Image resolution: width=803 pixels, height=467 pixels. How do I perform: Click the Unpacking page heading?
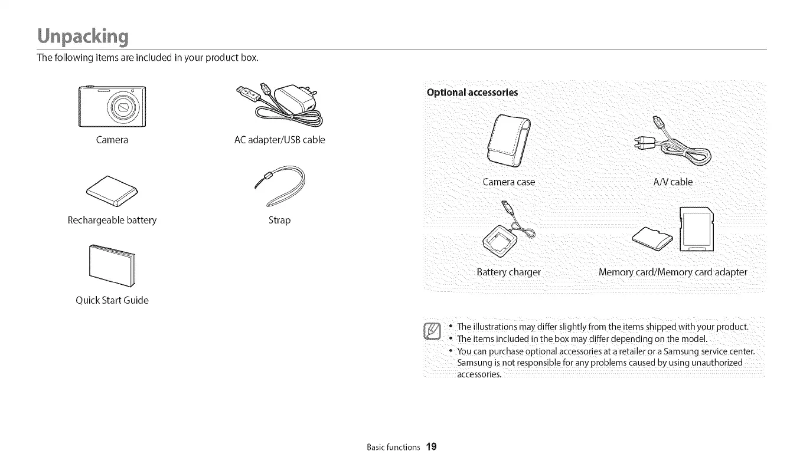click(82, 36)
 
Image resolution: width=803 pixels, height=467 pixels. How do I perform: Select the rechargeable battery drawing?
click(112, 191)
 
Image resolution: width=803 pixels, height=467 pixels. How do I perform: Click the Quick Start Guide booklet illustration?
click(112, 265)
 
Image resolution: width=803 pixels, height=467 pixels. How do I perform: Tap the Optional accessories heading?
click(472, 92)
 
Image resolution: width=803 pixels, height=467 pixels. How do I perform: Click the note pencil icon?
click(433, 333)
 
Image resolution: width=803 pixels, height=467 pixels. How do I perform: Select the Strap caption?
click(279, 220)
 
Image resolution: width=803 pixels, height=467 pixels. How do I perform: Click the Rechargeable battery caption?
click(112, 220)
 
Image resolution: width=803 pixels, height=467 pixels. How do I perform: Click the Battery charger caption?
click(508, 272)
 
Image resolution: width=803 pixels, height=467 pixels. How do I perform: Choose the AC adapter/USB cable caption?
click(279, 140)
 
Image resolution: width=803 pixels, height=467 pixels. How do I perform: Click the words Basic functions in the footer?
click(393, 447)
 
